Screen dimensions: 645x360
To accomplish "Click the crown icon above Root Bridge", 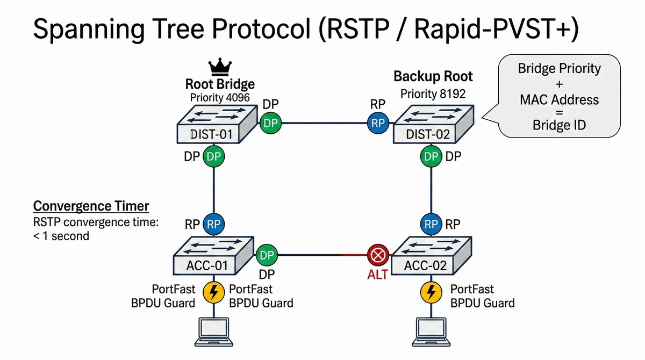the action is tap(220, 67).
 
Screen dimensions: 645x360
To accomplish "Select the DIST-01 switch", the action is tap(217, 124).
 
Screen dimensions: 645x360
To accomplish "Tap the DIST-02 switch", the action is tap(434, 124).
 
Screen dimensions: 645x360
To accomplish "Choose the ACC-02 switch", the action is tap(431, 256).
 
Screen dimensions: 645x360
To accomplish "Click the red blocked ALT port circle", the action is tap(378, 255).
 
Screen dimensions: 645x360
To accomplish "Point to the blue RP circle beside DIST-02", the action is tap(378, 123).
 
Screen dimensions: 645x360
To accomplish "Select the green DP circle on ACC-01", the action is tap(267, 255).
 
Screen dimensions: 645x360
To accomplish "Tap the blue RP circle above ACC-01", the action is tap(214, 224).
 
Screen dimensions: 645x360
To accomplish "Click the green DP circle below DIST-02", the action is tap(431, 156).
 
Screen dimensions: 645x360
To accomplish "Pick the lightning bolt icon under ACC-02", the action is tap(431, 292).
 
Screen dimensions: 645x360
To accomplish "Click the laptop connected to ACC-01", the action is tap(214, 332).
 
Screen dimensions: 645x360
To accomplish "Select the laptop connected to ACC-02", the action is tap(431, 332).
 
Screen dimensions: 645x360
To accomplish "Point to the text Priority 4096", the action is tap(220, 98).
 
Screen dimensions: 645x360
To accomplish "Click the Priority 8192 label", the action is tap(433, 94).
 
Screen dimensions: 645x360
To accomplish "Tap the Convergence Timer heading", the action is tap(91, 206).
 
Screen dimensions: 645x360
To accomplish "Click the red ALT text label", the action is tap(377, 275).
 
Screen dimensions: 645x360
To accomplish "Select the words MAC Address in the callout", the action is tap(559, 100).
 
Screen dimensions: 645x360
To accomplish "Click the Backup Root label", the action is tap(433, 76).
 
